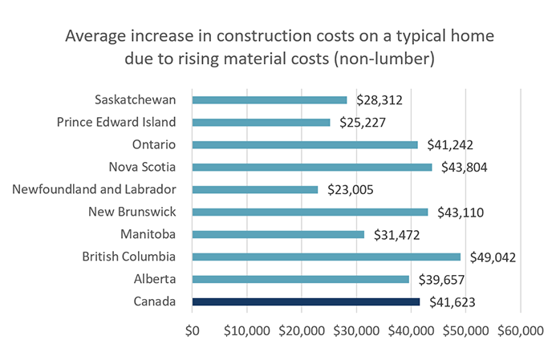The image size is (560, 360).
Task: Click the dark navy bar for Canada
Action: click(x=306, y=301)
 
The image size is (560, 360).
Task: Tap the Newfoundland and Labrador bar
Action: click(x=255, y=190)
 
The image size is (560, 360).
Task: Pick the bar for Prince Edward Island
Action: click(x=261, y=123)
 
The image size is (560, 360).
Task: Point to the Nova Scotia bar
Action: click(x=312, y=168)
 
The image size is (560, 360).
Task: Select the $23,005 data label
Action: click(x=348, y=190)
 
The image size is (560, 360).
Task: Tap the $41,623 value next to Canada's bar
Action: click(x=448, y=302)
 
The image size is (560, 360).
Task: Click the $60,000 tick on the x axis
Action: click(x=521, y=330)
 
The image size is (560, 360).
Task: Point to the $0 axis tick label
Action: click(x=193, y=330)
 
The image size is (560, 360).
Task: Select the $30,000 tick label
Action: click(x=357, y=330)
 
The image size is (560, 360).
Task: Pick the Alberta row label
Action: click(x=154, y=279)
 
